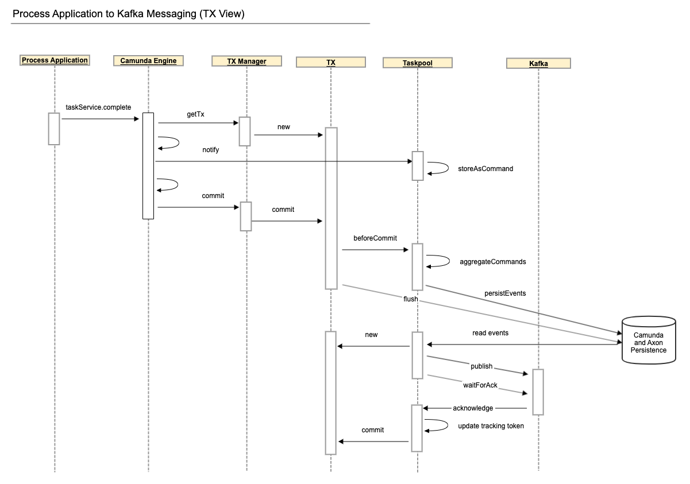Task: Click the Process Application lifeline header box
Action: pos(55,60)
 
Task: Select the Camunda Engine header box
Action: pos(148,61)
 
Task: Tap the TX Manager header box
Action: pos(246,61)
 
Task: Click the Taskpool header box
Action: pos(418,63)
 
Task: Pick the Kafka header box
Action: pos(538,64)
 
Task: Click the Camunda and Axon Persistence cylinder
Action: pos(649,342)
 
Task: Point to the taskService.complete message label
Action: pos(98,107)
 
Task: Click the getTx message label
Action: pos(196,114)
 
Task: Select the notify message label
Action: pos(210,150)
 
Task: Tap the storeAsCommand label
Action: pos(485,169)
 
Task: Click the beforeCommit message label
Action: pos(375,238)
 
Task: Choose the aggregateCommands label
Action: pos(492,261)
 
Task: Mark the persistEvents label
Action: pos(505,293)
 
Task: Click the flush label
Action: pos(410,299)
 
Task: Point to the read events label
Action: pos(490,333)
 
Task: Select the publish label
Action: pos(481,366)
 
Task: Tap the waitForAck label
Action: pos(480,385)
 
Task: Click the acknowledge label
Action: pos(473,408)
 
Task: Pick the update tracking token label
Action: pos(491,426)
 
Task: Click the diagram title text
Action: pos(129,14)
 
